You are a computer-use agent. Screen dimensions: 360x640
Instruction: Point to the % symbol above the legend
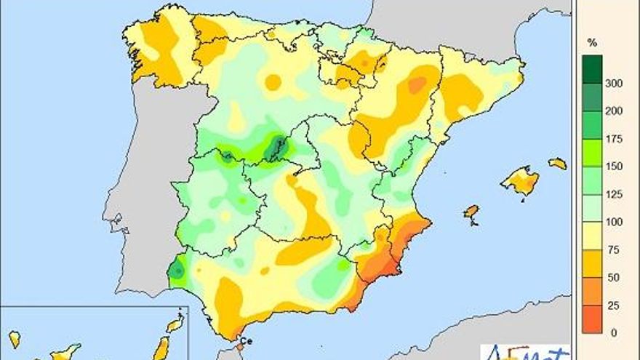(591, 44)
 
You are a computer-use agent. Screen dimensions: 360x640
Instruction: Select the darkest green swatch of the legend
(592, 70)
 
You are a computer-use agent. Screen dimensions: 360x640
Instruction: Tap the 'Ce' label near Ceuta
(246, 340)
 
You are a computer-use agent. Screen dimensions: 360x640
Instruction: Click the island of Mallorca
(521, 180)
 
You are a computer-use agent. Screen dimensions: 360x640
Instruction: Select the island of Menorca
(557, 164)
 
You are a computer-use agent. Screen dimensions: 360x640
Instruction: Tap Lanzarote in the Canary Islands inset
(175, 325)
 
